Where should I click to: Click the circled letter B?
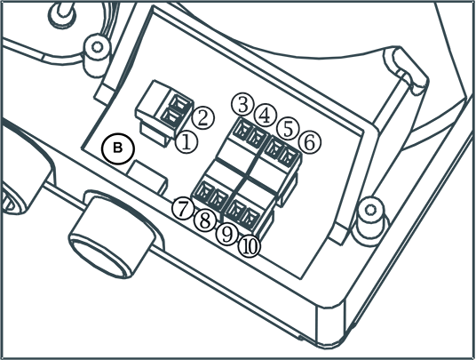tap(118, 148)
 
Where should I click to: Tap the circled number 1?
tap(186, 142)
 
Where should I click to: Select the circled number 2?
tap(202, 118)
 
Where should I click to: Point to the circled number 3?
tap(242, 105)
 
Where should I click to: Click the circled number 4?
tap(266, 116)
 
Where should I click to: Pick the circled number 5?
tap(288, 129)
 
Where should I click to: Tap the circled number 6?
tap(309, 142)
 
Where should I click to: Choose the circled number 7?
tap(183, 209)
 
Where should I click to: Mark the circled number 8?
tap(205, 220)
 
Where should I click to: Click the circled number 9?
tap(227, 234)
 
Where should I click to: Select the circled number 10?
tap(250, 246)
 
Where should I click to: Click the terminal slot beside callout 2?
tap(181, 103)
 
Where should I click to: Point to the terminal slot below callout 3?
tap(242, 129)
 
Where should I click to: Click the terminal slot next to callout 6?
tap(289, 156)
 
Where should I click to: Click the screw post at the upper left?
tap(97, 56)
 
